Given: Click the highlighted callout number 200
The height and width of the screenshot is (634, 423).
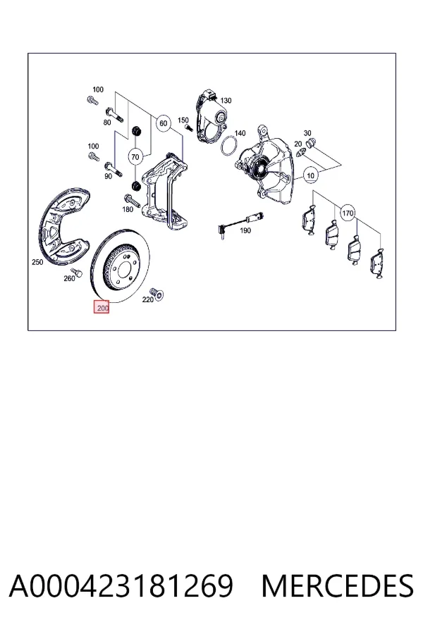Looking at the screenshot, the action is pyautogui.click(x=102, y=308).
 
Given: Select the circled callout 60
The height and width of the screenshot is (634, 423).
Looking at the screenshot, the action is pyautogui.click(x=163, y=123).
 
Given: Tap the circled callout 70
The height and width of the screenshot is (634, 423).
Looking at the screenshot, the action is pyautogui.click(x=135, y=156).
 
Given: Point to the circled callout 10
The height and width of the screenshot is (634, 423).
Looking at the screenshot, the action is pyautogui.click(x=310, y=175).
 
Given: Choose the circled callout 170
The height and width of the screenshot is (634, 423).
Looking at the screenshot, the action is pyautogui.click(x=348, y=213).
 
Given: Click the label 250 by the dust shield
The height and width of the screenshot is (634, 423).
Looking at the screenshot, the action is pyautogui.click(x=37, y=262).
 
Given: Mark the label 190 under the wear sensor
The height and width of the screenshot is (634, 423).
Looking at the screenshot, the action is pyautogui.click(x=245, y=230).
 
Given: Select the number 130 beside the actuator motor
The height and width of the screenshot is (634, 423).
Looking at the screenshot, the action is pyautogui.click(x=226, y=100).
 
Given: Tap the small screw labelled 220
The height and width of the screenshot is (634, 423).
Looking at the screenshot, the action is pyautogui.click(x=157, y=294).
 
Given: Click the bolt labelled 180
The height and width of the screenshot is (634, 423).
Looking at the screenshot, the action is pyautogui.click(x=132, y=200).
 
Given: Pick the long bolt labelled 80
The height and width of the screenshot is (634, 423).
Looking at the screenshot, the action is pyautogui.click(x=114, y=113).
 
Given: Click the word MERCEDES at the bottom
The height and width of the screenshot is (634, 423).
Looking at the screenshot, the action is pyautogui.click(x=338, y=586).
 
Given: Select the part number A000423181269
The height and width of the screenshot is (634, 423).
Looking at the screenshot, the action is pyautogui.click(x=121, y=586).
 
